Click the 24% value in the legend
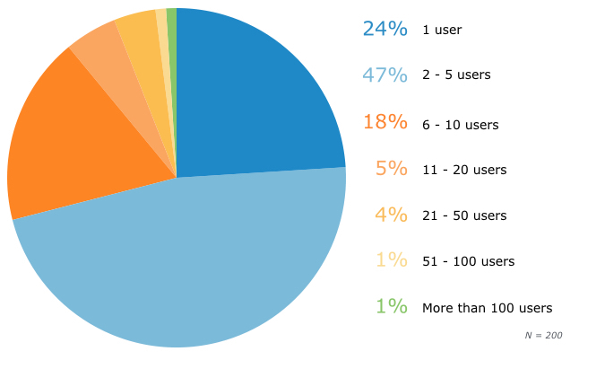pyautogui.click(x=385, y=29)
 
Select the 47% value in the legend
pyautogui.click(x=385, y=75)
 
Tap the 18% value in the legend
pyautogui.click(x=385, y=121)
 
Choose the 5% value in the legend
pyautogui.click(x=392, y=168)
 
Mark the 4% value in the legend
pyautogui.click(x=392, y=215)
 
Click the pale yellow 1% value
pyautogui.click(x=392, y=260)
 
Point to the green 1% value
pyautogui.click(x=392, y=306)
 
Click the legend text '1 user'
pyautogui.click(x=442, y=30)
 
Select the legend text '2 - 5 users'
pyautogui.click(x=456, y=75)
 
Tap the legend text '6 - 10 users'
pyautogui.click(x=460, y=125)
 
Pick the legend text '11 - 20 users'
pyautogui.click(x=464, y=169)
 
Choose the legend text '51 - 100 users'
pyautogui.click(x=468, y=261)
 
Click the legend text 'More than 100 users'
pyautogui.click(x=487, y=307)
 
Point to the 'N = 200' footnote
pyautogui.click(x=543, y=335)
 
